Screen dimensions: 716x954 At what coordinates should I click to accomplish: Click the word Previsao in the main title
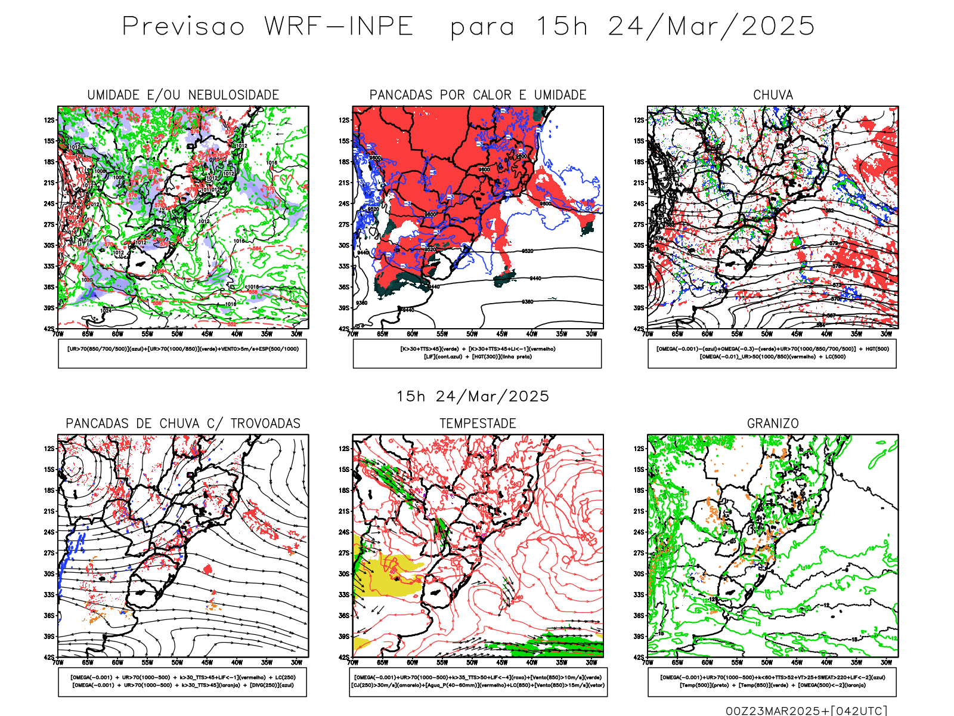tap(183, 27)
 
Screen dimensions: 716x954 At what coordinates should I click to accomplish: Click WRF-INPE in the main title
tap(339, 27)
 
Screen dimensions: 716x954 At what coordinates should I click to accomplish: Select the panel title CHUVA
tap(773, 95)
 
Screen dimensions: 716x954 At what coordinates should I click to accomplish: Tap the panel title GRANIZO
tap(773, 424)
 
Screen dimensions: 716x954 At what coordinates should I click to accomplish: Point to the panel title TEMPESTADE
tap(478, 424)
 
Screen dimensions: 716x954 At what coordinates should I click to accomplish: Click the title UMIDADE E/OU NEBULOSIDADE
tap(183, 95)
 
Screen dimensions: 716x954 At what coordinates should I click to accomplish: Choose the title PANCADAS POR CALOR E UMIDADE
tap(478, 95)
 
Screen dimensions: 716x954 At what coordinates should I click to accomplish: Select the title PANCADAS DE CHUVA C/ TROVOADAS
tap(183, 424)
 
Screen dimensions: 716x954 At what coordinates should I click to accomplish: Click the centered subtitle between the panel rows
tap(473, 397)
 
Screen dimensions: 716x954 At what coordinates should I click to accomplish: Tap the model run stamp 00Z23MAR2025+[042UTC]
tap(806, 711)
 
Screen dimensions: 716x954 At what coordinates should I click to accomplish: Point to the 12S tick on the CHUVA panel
tap(639, 121)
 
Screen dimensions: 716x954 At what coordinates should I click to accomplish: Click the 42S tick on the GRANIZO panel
tap(639, 658)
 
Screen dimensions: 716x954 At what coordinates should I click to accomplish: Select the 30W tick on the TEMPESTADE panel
tap(591, 663)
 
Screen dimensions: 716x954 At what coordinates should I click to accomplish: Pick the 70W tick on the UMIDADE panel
tap(58, 334)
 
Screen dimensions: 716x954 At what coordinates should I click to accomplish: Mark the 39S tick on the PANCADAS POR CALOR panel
tap(344, 308)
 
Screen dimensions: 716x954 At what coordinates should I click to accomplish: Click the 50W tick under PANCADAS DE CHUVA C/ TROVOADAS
tap(177, 663)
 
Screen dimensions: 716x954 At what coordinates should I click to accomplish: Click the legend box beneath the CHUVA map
tap(772, 353)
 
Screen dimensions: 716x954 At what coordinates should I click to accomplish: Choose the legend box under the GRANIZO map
tap(772, 681)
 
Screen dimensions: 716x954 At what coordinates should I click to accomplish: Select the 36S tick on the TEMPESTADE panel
tap(344, 616)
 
